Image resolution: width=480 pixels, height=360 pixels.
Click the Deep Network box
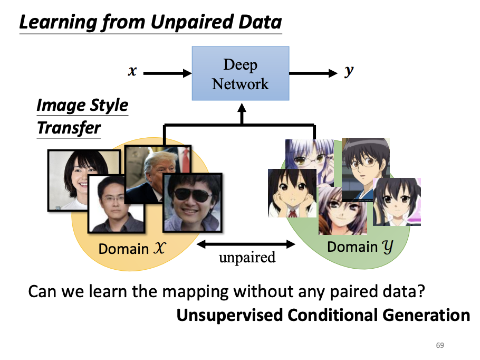(x=240, y=73)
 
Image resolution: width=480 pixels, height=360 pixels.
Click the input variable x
(x=132, y=71)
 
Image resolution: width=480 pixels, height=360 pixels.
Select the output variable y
(x=349, y=72)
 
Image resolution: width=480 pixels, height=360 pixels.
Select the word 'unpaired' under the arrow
(x=247, y=258)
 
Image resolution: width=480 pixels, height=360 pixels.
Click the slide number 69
(x=440, y=345)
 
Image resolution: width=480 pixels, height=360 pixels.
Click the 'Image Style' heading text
(x=82, y=105)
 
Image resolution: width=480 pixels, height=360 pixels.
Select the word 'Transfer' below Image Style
(x=69, y=128)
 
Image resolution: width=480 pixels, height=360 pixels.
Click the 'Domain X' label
(x=132, y=248)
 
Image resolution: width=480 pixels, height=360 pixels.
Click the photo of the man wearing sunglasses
(x=192, y=202)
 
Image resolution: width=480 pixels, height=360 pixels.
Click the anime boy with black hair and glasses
(x=365, y=168)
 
